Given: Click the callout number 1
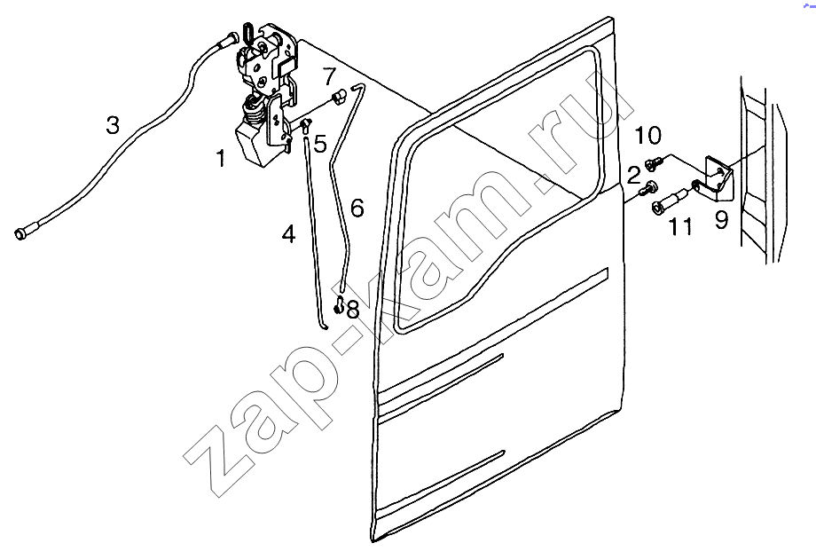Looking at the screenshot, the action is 222,158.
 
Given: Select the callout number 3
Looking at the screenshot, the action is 113,125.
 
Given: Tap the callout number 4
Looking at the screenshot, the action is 288,233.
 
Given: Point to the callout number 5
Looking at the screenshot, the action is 320,144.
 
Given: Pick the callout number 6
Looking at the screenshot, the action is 357,208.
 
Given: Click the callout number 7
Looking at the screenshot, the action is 329,76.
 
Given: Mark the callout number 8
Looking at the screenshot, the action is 353,309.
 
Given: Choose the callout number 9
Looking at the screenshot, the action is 721,220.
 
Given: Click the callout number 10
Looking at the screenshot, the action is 647,136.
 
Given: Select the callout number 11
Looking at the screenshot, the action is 680,226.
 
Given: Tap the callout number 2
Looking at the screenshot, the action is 633,176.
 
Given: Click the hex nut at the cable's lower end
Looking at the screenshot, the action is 20,233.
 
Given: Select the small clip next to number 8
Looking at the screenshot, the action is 340,304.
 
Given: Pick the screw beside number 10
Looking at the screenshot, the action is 654,162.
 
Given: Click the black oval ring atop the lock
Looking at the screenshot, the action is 249,31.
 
